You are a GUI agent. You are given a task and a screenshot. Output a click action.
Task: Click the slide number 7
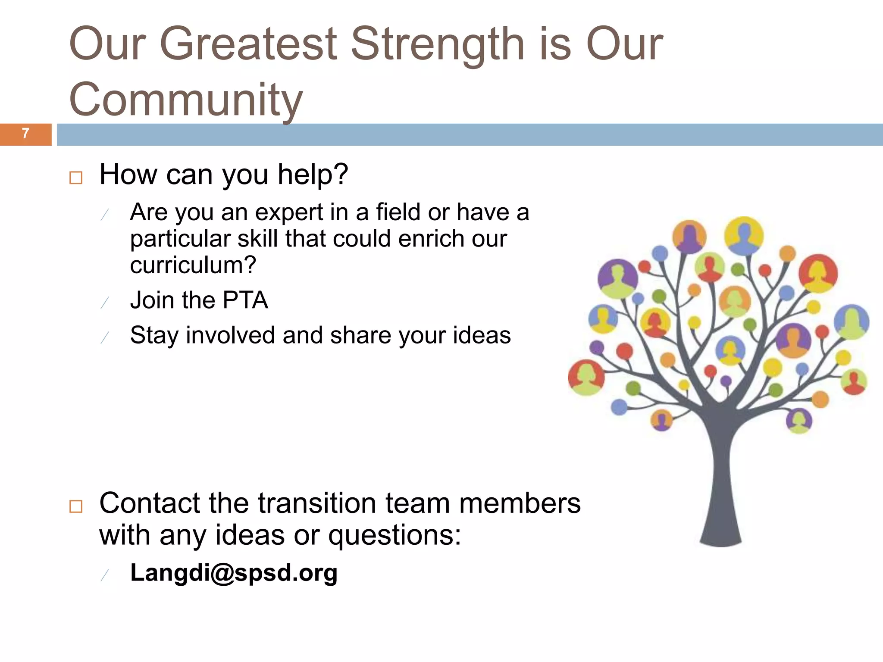25,134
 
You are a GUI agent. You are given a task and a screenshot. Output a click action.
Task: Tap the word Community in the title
186,100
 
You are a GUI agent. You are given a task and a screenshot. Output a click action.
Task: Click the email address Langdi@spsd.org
234,573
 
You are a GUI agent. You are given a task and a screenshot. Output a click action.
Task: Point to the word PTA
245,300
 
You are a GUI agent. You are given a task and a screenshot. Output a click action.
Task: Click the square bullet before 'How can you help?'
76,178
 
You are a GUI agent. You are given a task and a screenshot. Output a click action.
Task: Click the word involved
230,335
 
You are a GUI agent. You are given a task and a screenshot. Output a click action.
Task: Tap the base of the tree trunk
720,539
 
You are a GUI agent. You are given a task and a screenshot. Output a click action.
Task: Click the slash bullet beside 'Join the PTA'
105,303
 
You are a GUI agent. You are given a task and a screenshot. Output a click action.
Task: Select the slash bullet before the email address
105,575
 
